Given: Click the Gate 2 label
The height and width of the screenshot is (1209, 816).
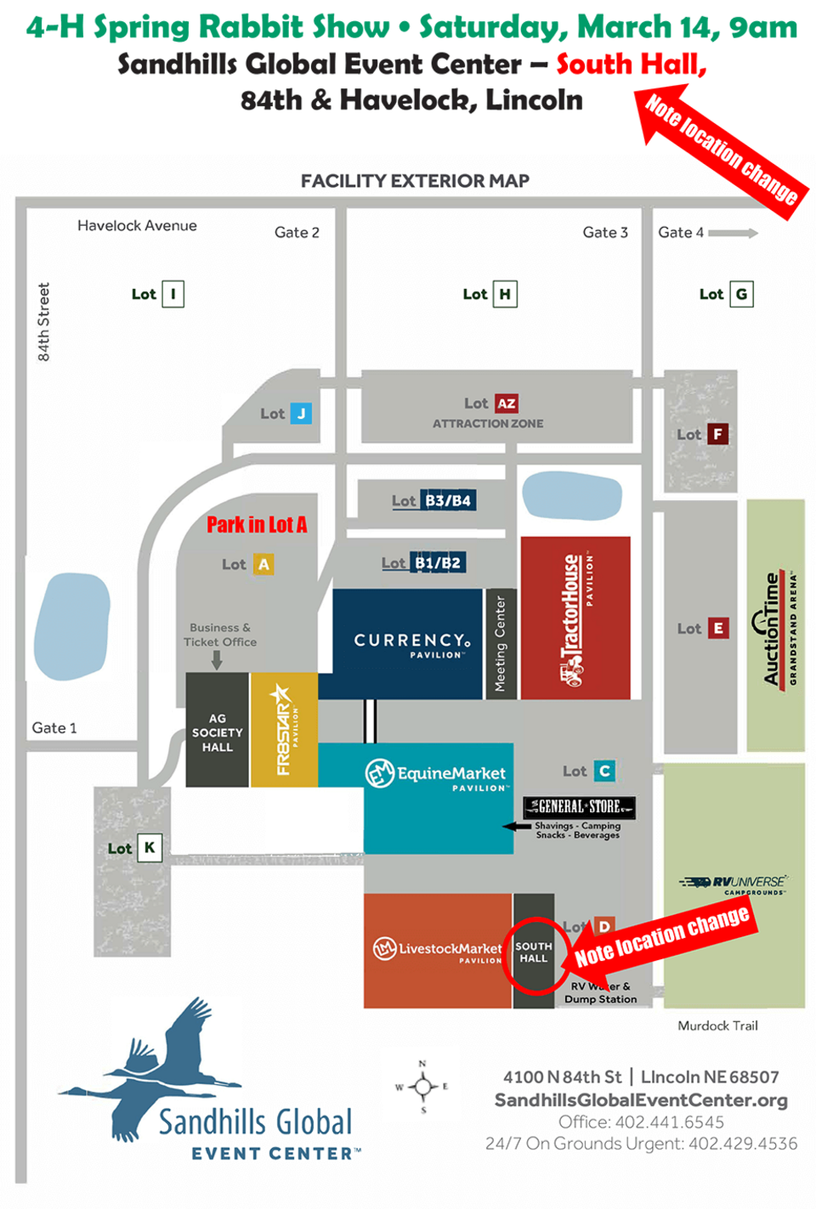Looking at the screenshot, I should pyautogui.click(x=297, y=232).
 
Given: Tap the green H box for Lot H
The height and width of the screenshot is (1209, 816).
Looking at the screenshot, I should pyautogui.click(x=505, y=294).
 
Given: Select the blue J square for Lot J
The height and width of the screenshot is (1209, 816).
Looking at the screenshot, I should pyautogui.click(x=301, y=414).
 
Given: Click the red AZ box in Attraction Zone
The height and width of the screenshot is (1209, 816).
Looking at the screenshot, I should pyautogui.click(x=507, y=404).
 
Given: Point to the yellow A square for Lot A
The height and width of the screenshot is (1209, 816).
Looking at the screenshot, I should pyautogui.click(x=263, y=564).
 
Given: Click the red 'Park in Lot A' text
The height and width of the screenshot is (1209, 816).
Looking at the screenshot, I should pyautogui.click(x=257, y=524).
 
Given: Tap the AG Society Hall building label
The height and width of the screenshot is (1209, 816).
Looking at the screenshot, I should pyautogui.click(x=218, y=732).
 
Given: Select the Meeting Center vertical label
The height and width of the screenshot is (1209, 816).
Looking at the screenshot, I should pyautogui.click(x=501, y=643).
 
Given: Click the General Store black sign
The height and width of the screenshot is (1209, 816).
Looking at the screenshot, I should pyautogui.click(x=579, y=806).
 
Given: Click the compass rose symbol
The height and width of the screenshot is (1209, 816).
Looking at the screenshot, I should pyautogui.click(x=422, y=1086).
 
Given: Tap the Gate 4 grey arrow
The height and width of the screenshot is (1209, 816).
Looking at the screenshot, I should pyautogui.click(x=733, y=233).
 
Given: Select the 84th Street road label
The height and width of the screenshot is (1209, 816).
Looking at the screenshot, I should pyautogui.click(x=43, y=322).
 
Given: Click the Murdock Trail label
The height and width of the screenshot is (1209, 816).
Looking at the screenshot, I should pyautogui.click(x=717, y=1025).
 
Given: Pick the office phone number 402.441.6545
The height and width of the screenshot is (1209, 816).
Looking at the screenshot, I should pyautogui.click(x=669, y=1122).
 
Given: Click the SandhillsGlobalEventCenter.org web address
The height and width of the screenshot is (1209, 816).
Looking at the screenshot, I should pyautogui.click(x=641, y=1100).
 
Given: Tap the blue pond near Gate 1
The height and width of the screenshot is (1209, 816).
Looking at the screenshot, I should pyautogui.click(x=72, y=626).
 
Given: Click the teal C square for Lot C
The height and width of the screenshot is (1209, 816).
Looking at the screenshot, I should pyautogui.click(x=604, y=771).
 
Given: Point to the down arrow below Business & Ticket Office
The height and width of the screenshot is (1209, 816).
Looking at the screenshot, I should pyautogui.click(x=217, y=659).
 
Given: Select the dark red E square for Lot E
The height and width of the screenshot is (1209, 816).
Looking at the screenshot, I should pyautogui.click(x=718, y=629).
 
